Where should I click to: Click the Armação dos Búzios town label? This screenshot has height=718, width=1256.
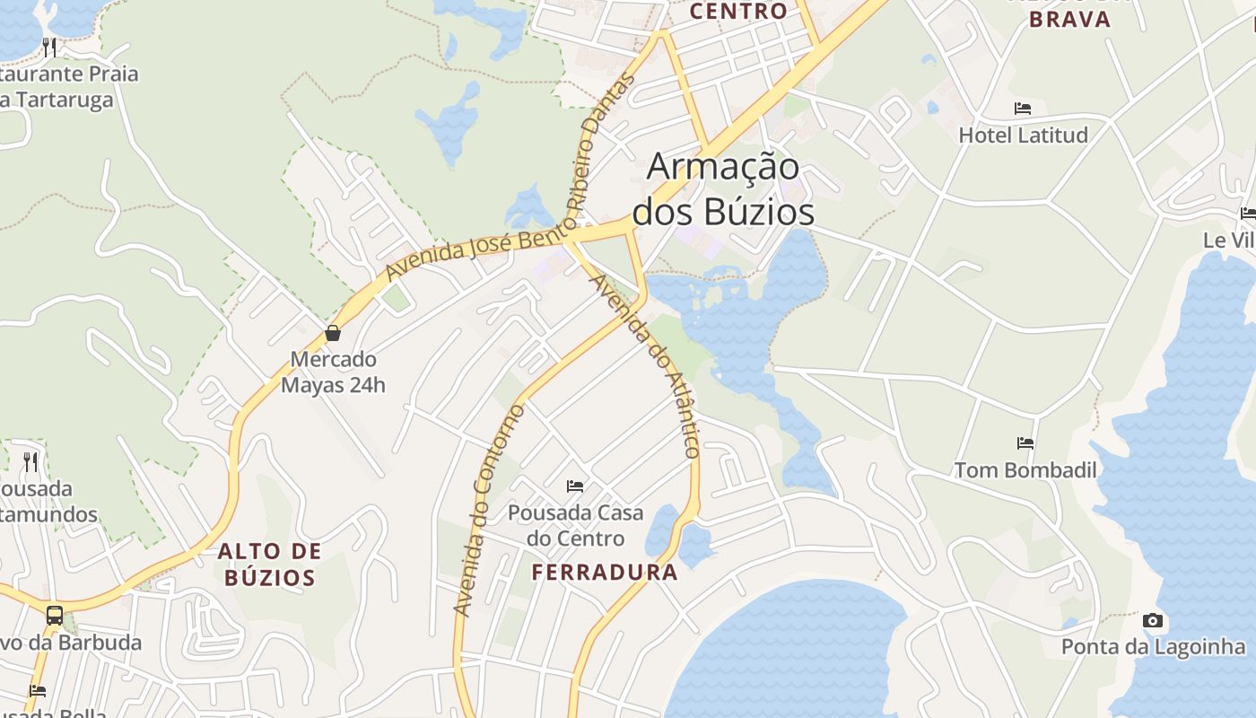(x=723, y=189)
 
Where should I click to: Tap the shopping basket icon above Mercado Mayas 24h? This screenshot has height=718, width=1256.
(x=333, y=334)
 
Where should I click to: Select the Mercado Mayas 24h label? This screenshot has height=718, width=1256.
(x=333, y=372)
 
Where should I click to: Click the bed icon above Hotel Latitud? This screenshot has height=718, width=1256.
(x=1023, y=109)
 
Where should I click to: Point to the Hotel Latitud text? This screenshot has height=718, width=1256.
(x=1023, y=136)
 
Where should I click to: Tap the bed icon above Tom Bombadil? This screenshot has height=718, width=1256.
(x=1025, y=443)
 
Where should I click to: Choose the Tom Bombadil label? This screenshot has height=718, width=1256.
(x=1025, y=470)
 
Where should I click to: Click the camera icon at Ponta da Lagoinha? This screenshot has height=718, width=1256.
(x=1153, y=620)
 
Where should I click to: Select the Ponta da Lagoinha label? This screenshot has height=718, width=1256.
(x=1153, y=647)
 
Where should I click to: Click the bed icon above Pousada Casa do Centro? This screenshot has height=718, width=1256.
(x=575, y=486)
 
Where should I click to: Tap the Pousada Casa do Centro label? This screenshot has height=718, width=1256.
(x=575, y=526)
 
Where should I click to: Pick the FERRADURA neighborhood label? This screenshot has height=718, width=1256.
(x=605, y=573)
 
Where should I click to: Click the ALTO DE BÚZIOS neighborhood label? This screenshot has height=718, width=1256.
(x=270, y=565)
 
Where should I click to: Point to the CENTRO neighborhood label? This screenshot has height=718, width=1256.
(x=739, y=12)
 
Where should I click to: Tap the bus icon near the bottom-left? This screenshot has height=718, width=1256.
(x=55, y=616)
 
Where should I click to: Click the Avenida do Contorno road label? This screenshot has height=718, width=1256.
(x=489, y=510)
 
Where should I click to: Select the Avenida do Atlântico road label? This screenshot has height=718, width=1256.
(x=644, y=365)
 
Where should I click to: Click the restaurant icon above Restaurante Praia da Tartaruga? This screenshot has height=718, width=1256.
(x=49, y=47)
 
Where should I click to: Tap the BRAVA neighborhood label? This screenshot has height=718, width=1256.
(x=1069, y=20)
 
